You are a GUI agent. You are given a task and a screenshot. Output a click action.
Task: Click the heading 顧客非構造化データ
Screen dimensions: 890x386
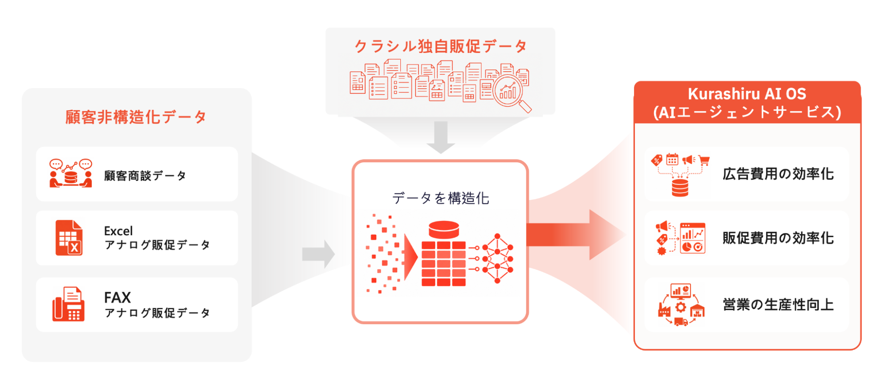[136, 117]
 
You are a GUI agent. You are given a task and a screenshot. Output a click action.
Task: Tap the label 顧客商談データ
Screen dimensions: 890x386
[145, 176]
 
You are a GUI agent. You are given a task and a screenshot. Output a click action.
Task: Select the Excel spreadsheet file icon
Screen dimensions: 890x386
[69, 238]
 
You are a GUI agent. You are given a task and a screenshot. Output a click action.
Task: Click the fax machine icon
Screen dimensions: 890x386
[68, 304]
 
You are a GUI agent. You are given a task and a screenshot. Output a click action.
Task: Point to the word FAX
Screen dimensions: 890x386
[118, 297]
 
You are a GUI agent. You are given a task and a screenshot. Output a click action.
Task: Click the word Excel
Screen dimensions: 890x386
[118, 231]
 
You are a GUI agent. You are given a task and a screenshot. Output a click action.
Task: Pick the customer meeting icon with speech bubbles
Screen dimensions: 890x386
[71, 173]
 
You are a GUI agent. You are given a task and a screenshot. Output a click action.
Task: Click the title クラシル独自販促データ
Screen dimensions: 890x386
[441, 46]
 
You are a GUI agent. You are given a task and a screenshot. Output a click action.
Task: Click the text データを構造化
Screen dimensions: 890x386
[441, 198]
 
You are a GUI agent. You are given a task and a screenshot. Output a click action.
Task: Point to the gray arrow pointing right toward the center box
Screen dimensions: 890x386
[318, 254]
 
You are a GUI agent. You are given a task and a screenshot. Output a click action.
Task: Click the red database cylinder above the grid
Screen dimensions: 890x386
[444, 229]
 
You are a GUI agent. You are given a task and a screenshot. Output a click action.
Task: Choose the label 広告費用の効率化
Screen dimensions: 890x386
[778, 174]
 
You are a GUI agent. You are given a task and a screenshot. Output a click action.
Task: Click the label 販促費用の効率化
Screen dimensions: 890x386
[778, 238]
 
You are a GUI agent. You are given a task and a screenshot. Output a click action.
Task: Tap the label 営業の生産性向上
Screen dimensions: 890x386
[778, 305]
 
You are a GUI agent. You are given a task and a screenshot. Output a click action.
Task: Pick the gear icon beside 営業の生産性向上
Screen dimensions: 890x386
[681, 307]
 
